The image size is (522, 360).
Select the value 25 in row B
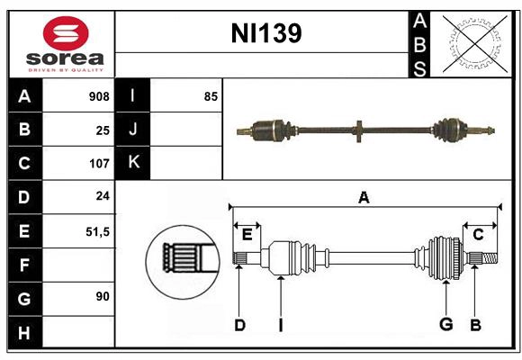(x=102, y=130)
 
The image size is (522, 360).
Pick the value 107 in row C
(x=98, y=164)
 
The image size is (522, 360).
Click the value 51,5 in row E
(x=97, y=231)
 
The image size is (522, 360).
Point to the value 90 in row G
(x=102, y=297)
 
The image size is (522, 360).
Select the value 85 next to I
(x=210, y=96)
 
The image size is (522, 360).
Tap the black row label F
(x=24, y=265)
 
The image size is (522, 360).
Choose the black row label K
(x=133, y=163)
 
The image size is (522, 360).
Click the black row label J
(x=133, y=130)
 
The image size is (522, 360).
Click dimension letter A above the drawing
(x=364, y=197)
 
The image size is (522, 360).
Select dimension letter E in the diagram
(x=247, y=234)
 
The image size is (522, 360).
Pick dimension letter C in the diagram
(x=479, y=234)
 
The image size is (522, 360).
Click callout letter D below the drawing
(x=239, y=325)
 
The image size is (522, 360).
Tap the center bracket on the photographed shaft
(x=358, y=131)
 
